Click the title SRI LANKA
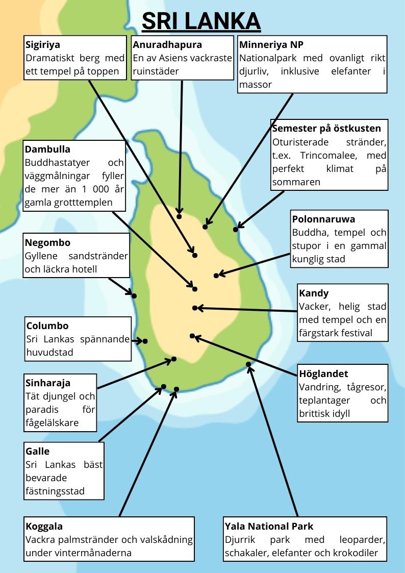tap(201, 21)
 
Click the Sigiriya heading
tap(43, 45)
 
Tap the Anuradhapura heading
tap(167, 45)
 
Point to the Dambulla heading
tap(47, 150)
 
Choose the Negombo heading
tap(47, 242)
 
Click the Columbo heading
tap(47, 326)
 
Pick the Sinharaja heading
tap(47, 383)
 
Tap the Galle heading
tap(37, 452)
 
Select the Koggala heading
tap(44, 526)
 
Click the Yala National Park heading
tap(269, 526)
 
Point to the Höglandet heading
tap(323, 374)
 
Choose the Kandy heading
tap(314, 293)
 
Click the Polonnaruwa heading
tap(323, 219)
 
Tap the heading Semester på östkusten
tap(326, 128)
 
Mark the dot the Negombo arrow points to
tap(134, 295)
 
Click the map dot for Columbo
tap(145, 341)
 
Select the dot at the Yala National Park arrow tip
tap(248, 364)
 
